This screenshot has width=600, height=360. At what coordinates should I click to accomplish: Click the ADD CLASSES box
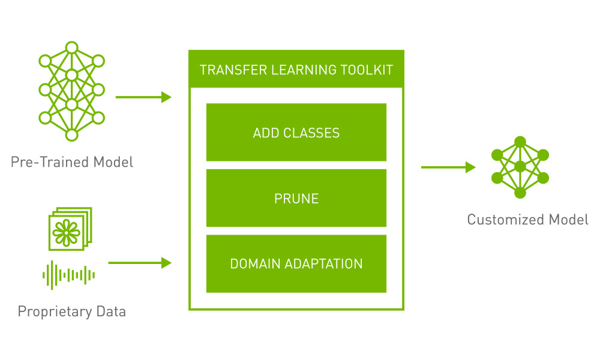(x=296, y=133)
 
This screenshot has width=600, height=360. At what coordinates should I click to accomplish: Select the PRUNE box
(x=296, y=198)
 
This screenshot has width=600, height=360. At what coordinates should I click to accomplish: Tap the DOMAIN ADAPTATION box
(x=296, y=263)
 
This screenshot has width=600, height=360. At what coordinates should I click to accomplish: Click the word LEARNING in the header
(x=304, y=70)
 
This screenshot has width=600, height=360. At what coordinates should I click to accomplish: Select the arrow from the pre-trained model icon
(x=143, y=97)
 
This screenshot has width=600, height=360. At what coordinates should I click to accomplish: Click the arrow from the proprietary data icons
(x=140, y=263)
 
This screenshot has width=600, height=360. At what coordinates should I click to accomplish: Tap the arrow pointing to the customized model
(x=448, y=167)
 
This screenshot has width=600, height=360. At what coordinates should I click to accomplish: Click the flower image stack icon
(x=70, y=229)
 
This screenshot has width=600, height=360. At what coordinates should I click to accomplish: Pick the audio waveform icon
(x=69, y=275)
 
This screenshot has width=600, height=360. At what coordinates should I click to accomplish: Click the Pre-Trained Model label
(x=72, y=162)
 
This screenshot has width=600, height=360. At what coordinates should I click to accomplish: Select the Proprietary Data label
(x=72, y=311)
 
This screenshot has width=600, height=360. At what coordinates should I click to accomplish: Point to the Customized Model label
(x=527, y=220)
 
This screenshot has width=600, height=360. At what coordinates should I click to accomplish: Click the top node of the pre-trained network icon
(x=71, y=47)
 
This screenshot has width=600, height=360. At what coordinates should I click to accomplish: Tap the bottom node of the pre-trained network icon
(x=71, y=135)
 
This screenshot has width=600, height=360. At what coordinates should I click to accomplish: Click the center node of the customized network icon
(x=520, y=167)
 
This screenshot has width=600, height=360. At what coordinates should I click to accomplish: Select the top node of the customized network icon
(x=520, y=142)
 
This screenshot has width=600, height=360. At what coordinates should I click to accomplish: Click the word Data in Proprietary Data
(x=111, y=311)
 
